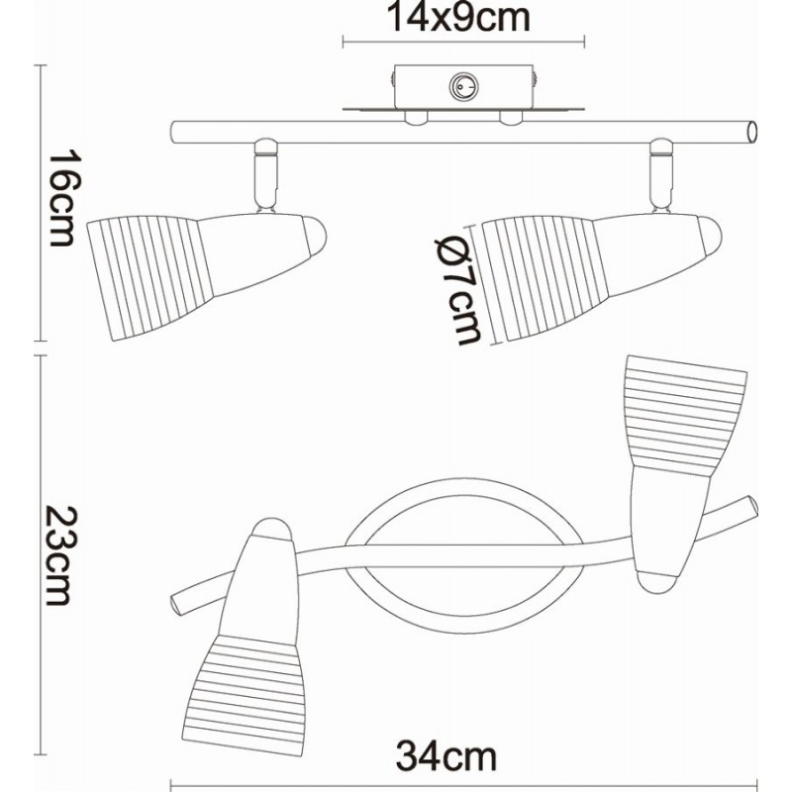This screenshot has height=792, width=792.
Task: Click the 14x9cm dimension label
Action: pos(458,17)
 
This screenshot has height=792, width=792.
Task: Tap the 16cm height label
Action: pos(62,197)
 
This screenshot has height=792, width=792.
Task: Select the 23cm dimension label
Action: pos(61,555)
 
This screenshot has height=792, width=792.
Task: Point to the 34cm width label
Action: pos(446,756)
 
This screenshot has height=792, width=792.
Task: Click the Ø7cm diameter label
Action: pos(458,291)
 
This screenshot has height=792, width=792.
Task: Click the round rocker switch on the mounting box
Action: pos(463,88)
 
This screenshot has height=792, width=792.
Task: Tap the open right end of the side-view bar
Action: pos(752,133)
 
